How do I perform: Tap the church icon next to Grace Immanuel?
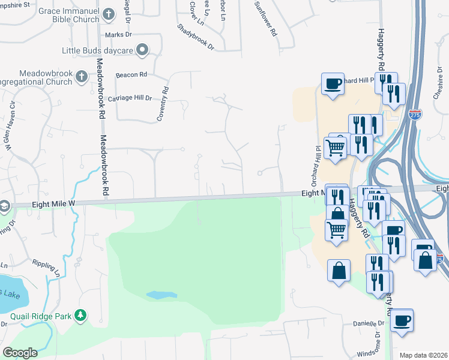click(109, 13)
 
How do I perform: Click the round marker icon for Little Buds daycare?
click(142, 50)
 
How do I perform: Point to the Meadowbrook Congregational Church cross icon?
click(80, 76)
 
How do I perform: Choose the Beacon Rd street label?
click(131, 75)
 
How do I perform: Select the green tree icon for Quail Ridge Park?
click(80, 316)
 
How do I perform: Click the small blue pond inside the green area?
click(157, 295)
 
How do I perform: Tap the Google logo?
click(20, 353)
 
